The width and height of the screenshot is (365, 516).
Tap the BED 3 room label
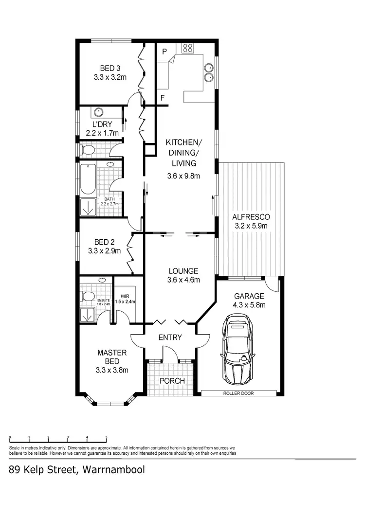(110, 68)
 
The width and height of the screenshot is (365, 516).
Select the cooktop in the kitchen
(188, 48)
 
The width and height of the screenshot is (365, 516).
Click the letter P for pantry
(164, 51)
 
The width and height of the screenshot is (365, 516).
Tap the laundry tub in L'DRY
(98, 111)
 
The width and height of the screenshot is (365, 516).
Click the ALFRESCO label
(251, 217)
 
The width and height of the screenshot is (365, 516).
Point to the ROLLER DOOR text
(239, 393)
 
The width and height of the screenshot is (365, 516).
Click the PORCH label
(172, 380)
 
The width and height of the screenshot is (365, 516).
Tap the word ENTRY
(170, 338)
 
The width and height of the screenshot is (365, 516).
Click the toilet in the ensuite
(88, 296)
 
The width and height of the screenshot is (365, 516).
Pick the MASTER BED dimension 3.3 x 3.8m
(112, 370)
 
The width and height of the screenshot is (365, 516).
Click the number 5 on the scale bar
(106, 437)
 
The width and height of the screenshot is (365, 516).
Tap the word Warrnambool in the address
(113, 470)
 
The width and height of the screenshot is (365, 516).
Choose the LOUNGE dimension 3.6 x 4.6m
(183, 280)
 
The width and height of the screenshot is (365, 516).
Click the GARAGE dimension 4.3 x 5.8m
(249, 305)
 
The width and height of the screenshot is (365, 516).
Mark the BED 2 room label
(104, 242)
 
